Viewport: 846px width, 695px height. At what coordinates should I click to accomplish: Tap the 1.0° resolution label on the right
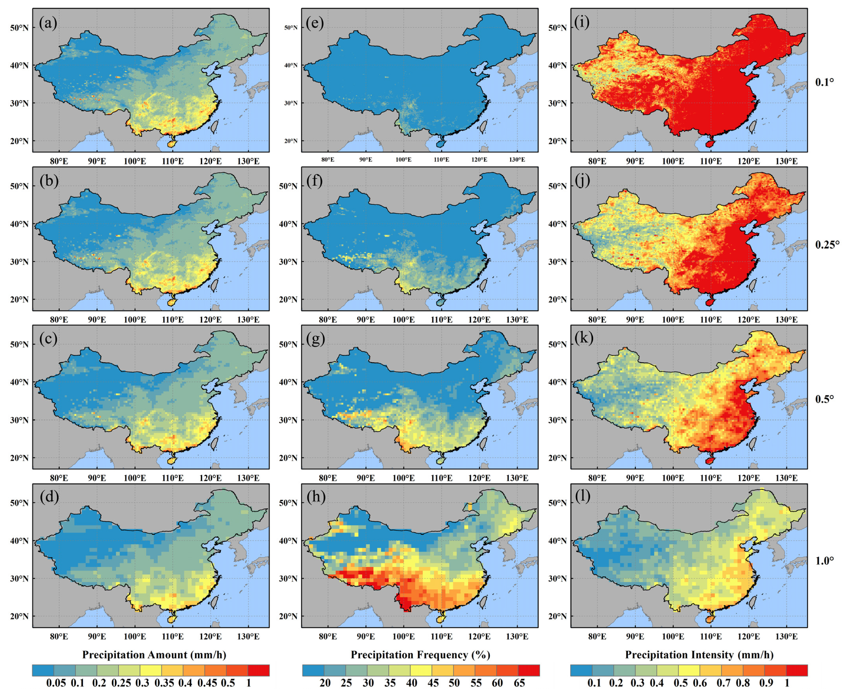pos(824,560)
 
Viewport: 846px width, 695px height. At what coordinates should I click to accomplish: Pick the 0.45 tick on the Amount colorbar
pos(207,683)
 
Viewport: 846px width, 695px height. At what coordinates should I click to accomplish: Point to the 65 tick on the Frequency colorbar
pos(519,683)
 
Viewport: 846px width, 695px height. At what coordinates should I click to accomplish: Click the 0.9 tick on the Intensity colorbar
pos(766,683)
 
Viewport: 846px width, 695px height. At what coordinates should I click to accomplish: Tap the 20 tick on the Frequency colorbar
pos(325,683)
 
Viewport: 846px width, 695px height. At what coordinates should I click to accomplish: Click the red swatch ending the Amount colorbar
pos(258,670)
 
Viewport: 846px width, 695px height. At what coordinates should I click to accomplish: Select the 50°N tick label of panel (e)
pos(291,28)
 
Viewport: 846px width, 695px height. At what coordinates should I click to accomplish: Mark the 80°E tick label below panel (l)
pos(597,636)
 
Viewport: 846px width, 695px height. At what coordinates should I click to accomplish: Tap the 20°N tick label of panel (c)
pos(19,457)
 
